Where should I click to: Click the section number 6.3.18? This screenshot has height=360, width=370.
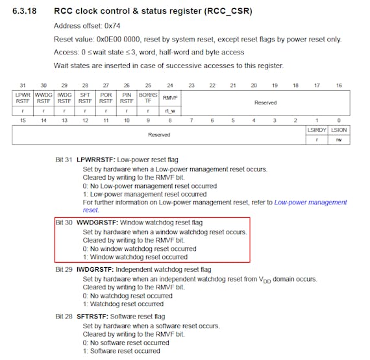coord(24,11)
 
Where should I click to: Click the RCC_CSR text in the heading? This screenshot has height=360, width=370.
coord(228,11)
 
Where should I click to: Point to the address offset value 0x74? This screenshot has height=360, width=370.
coord(112,26)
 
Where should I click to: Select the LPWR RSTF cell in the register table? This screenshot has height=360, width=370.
coord(23,98)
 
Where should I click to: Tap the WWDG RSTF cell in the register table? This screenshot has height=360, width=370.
coord(43,98)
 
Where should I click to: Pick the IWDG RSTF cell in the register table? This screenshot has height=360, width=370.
coord(64,98)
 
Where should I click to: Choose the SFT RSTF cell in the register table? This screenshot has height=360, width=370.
coord(85,98)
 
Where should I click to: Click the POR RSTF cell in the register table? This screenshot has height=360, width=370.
coord(106,98)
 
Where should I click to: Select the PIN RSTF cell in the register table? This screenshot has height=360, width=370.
coord(127,98)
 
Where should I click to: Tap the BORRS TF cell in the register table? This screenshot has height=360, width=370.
coord(148,98)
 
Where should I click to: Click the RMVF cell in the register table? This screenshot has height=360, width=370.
coord(170,98)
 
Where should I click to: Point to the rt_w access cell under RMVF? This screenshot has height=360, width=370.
coord(170,111)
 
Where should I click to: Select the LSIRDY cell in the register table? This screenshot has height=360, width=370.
coord(317,130)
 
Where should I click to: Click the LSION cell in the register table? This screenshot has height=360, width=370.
coord(339,130)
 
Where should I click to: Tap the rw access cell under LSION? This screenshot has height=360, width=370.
coord(339,140)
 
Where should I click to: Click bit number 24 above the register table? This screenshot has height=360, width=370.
coord(170,86)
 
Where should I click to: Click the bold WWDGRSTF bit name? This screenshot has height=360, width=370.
coord(97,222)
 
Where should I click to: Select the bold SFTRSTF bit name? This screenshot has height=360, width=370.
coord(92,317)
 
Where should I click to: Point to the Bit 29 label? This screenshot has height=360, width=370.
coord(64,269)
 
